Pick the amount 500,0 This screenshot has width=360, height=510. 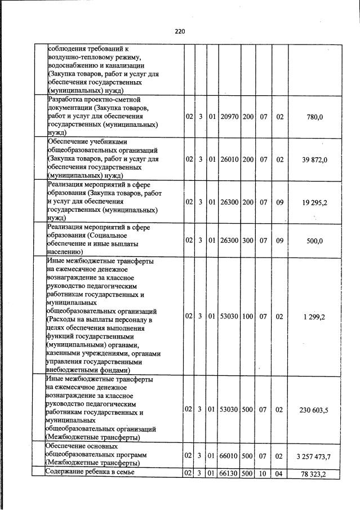tap(315, 240)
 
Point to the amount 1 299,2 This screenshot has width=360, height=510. tap(314, 317)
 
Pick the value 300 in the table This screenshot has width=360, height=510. tap(248, 240)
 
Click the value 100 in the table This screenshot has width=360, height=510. tap(248, 317)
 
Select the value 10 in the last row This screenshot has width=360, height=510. tap(263, 474)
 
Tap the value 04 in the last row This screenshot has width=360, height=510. tap(279, 474)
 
